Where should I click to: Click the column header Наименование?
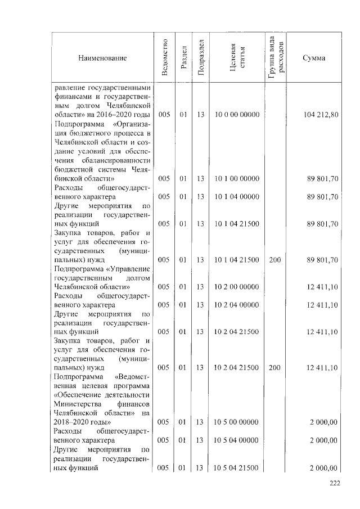click(x=102, y=58)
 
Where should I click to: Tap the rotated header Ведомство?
click(x=164, y=58)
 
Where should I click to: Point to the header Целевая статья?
click(x=236, y=58)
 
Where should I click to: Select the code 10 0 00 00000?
click(x=236, y=115)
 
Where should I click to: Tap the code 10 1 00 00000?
click(x=236, y=179)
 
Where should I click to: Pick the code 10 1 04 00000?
click(x=236, y=197)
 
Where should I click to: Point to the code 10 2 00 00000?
click(x=236, y=287)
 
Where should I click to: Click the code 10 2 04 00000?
click(x=236, y=305)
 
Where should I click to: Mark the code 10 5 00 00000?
click(x=236, y=422)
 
